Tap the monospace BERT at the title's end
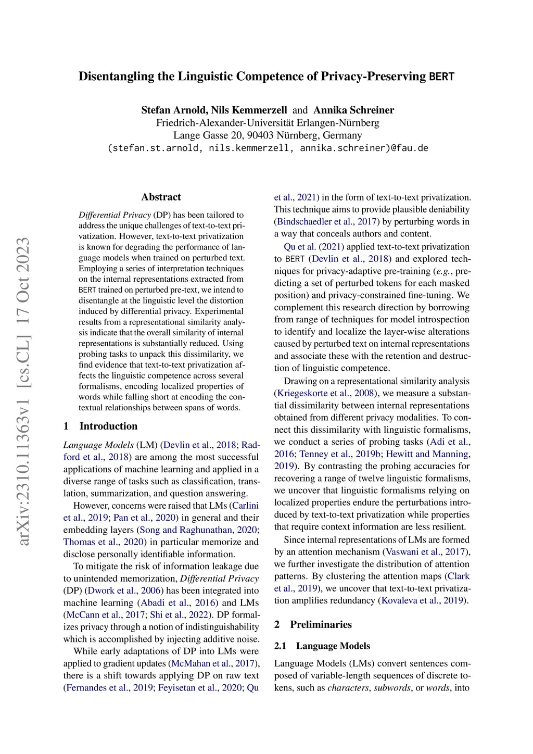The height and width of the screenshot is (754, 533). click(442, 77)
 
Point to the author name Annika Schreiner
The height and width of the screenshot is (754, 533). click(353, 110)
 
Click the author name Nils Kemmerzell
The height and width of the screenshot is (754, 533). click(249, 110)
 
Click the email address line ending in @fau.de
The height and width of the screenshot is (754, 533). click(268, 148)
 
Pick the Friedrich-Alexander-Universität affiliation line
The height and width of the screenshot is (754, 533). click(268, 123)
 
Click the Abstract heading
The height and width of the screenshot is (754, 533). click(161, 197)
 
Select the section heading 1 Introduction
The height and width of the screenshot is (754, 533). click(100, 426)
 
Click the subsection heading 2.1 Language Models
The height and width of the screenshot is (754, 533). click(322, 646)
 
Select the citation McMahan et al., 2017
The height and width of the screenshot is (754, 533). click(213, 663)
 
